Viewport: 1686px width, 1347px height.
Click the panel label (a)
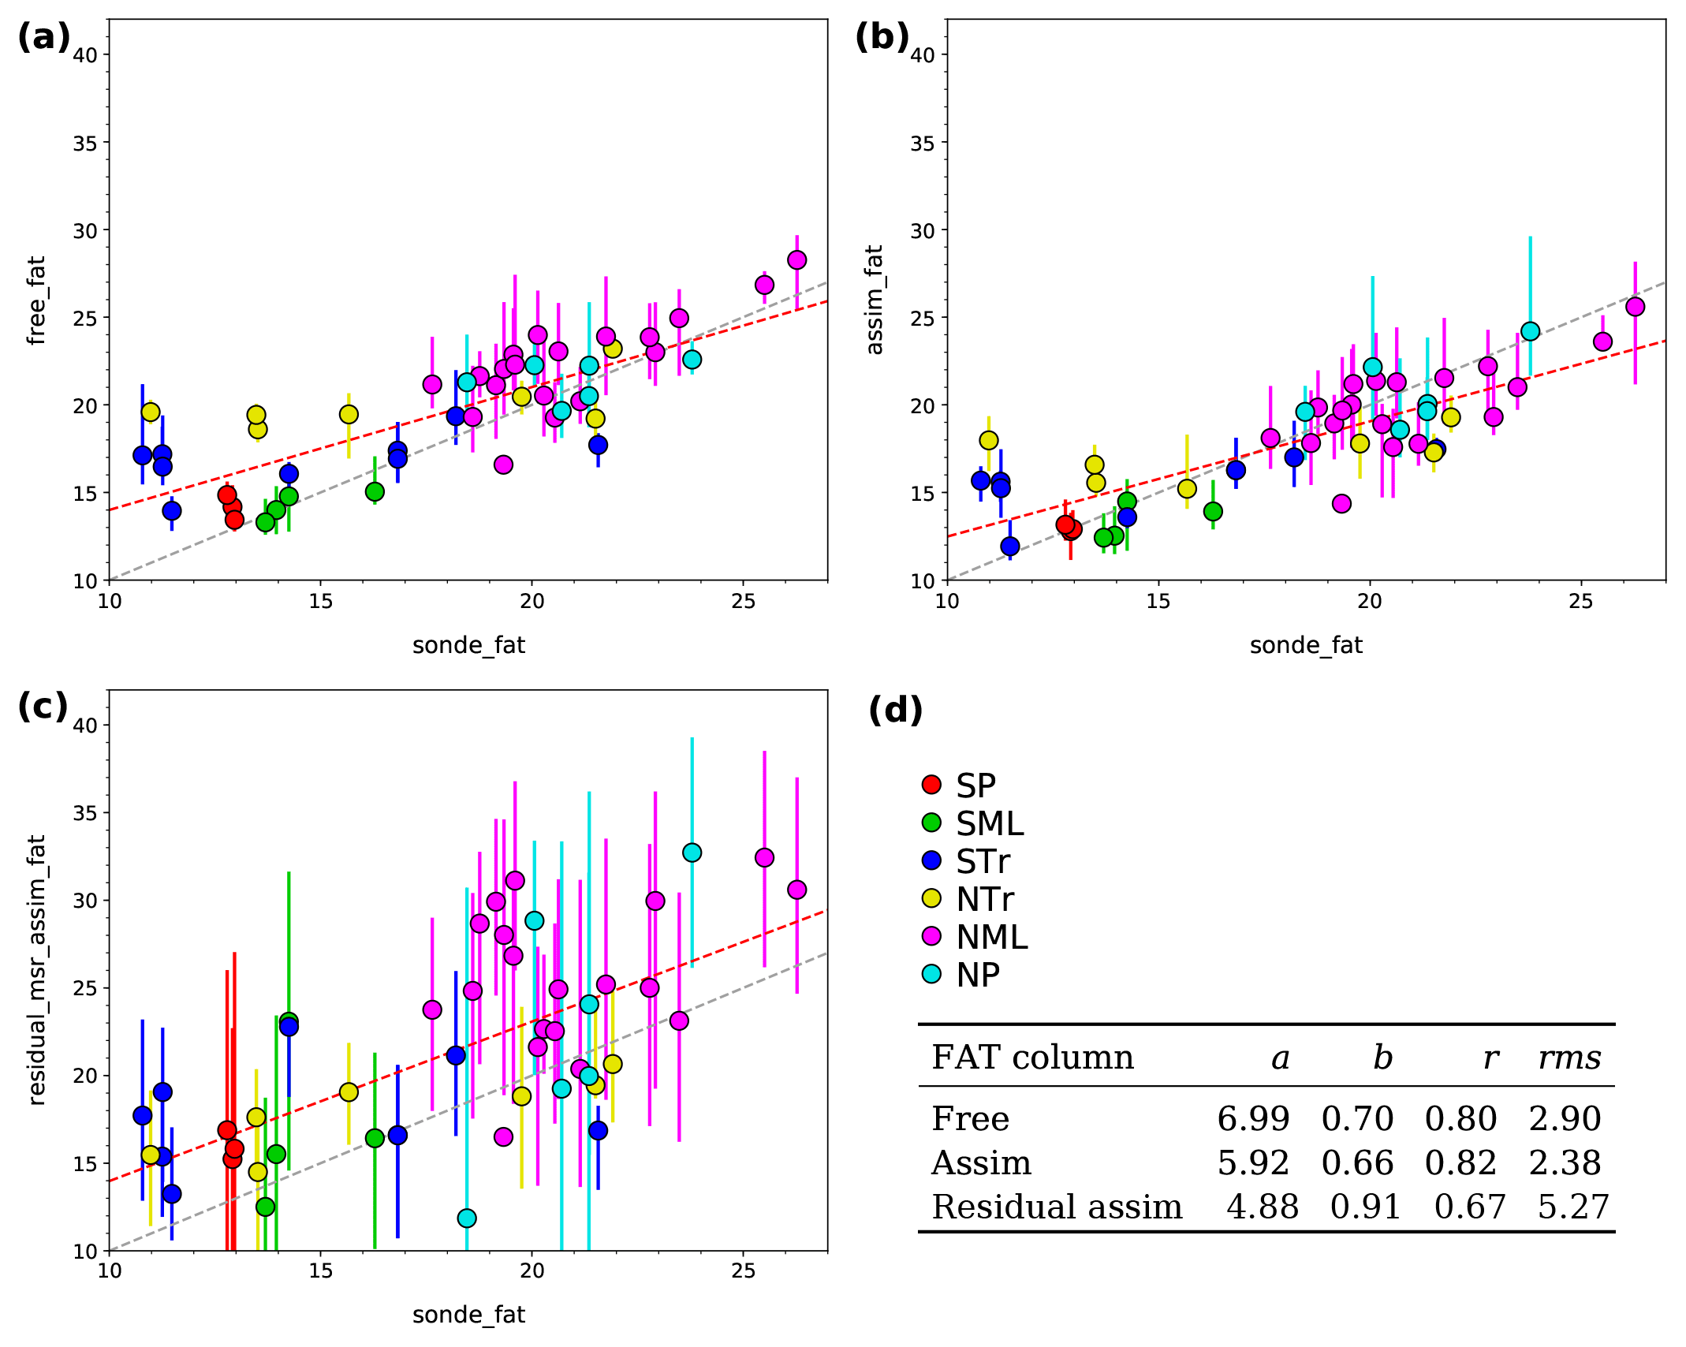44,37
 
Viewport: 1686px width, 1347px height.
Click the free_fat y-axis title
36,300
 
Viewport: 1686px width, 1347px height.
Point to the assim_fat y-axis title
874,300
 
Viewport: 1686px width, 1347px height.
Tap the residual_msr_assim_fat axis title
36,970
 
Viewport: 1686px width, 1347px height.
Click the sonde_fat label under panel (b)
1306,645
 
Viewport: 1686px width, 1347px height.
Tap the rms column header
1569,1058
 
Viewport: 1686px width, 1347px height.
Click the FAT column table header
1032,1058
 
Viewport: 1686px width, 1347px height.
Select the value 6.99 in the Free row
1253,1118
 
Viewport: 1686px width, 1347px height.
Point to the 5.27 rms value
1573,1207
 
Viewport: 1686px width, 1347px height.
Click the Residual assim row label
1057,1207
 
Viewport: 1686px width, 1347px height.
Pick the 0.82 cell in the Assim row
1460,1162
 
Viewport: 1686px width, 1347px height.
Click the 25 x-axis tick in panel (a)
743,602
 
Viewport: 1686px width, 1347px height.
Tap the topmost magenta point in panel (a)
796,259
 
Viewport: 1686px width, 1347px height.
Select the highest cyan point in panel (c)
692,853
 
